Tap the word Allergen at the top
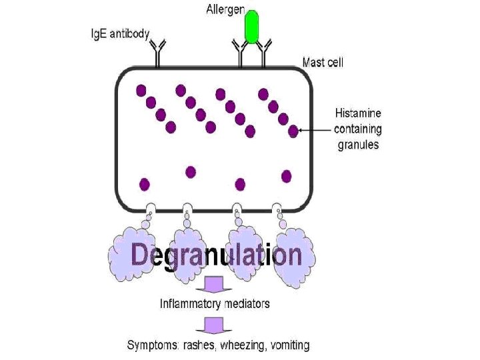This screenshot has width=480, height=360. (225, 10)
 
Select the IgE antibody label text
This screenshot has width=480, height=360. (120, 34)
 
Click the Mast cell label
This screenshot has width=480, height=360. (323, 63)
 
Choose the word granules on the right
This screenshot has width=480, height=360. (357, 143)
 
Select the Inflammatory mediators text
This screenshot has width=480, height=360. (215, 303)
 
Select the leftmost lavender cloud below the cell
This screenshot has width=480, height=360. (131, 250)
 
